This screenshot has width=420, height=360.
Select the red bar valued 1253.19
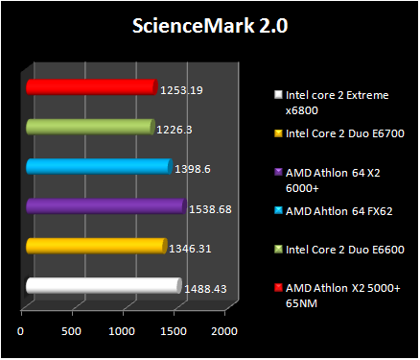90,87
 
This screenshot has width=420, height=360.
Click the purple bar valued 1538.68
105,206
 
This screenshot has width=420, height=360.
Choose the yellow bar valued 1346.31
96,247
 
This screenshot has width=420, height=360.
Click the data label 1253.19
182,90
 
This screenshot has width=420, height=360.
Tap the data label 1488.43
206,288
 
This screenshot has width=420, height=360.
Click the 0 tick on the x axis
21,331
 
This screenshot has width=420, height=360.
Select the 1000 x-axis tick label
123,331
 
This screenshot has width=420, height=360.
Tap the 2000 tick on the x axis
224,331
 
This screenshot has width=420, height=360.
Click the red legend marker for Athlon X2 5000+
278,288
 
